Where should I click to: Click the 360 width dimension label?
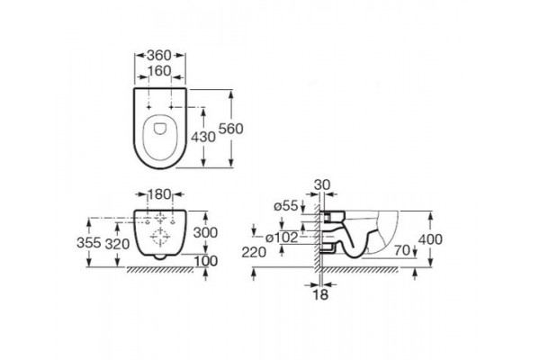[x=159, y=55]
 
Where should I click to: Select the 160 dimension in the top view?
[x=159, y=71]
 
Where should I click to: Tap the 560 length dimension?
[x=231, y=129]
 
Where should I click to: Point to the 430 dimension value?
[x=203, y=137]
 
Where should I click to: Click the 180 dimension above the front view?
[x=159, y=194]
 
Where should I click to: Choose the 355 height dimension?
[x=89, y=242]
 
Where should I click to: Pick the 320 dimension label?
[x=117, y=244]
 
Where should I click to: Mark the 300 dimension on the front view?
[x=205, y=233]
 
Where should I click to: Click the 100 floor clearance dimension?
[x=206, y=261]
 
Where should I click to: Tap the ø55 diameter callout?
[x=286, y=206]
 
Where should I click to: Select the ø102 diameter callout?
[x=282, y=238]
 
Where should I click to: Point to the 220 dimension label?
[x=254, y=253]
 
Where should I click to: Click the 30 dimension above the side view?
[x=322, y=185]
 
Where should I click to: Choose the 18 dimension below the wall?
[x=320, y=294]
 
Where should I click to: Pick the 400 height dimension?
[x=430, y=239]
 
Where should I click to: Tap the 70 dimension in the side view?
[x=402, y=250]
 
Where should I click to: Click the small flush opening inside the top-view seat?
[x=159, y=129]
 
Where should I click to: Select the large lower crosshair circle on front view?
[x=160, y=237]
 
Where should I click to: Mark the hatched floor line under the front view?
[x=160, y=269]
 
